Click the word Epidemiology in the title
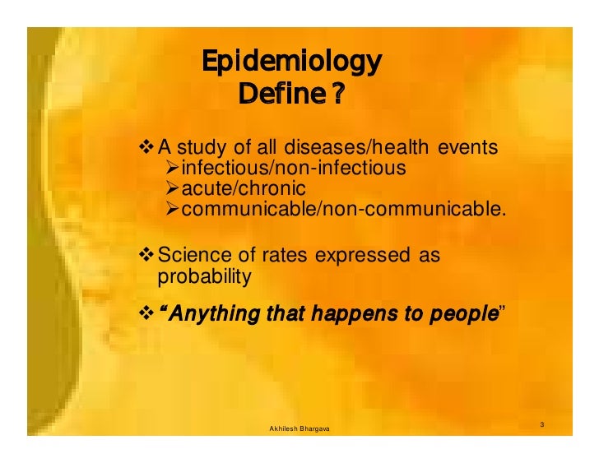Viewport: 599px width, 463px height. [x=292, y=62]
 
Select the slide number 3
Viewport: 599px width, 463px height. [x=543, y=424]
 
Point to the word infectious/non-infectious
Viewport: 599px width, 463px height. [x=294, y=169]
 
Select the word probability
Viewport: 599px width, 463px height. [x=203, y=277]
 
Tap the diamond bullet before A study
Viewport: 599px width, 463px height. [x=147, y=148]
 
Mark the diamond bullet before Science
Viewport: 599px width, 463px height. [x=147, y=256]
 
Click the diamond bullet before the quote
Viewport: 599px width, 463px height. [x=147, y=313]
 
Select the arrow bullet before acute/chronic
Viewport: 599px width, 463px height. [x=170, y=189]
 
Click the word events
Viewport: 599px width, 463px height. [x=467, y=148]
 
